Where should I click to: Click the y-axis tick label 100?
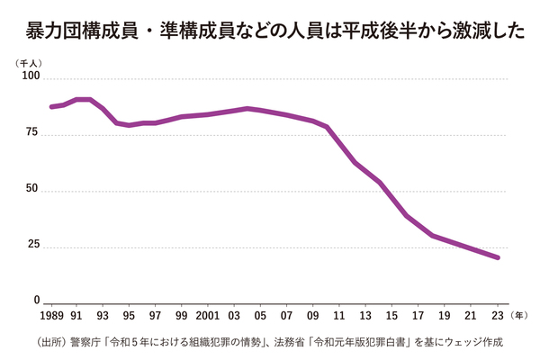point(30,77)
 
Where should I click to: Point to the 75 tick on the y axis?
point(32,133)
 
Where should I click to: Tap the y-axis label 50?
point(32,190)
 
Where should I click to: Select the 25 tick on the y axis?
point(32,246)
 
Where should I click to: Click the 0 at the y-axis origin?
point(36,301)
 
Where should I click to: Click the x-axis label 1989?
point(52,317)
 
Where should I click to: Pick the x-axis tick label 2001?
point(208,317)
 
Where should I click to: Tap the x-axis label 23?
point(498,317)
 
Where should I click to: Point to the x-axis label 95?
point(129,317)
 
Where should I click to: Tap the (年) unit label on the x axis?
point(520,317)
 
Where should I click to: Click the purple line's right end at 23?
point(498,257)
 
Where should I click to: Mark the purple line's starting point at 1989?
point(51,107)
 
